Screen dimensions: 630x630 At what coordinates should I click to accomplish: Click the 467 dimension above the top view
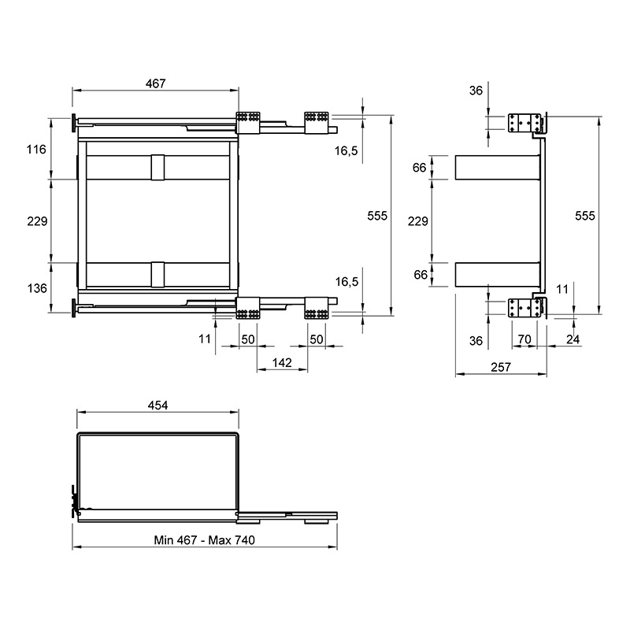(x=155, y=83)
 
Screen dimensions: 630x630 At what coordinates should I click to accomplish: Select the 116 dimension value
(x=36, y=150)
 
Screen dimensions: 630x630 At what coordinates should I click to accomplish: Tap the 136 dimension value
(x=37, y=288)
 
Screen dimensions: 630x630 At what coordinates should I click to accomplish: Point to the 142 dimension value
(x=282, y=363)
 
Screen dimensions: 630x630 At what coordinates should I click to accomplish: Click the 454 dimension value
(x=157, y=406)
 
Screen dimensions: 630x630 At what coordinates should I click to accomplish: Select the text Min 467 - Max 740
(x=204, y=540)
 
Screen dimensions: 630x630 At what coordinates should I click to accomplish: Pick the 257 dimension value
(x=501, y=367)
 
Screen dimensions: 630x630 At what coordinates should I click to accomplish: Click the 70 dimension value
(x=524, y=339)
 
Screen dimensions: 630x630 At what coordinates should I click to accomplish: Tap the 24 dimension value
(x=573, y=339)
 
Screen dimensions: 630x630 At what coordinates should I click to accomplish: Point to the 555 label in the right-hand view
(x=585, y=216)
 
